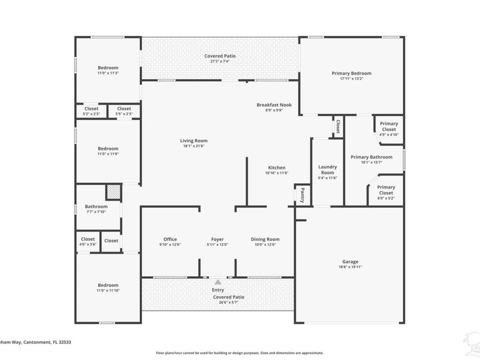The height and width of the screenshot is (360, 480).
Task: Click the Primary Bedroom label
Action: pos(351,73)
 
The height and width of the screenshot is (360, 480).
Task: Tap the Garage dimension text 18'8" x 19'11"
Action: pos(350,267)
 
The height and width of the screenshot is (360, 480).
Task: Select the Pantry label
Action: pos(302,195)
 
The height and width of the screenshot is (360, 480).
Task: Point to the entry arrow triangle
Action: pos(218,282)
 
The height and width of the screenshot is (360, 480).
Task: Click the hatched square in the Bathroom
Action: pos(113,192)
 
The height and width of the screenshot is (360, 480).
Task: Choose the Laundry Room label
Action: pos(327,170)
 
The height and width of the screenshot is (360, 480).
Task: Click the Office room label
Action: pos(170,239)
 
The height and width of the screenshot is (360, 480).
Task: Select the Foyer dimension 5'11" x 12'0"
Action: pos(217,245)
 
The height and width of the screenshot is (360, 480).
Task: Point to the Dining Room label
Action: pos(265,239)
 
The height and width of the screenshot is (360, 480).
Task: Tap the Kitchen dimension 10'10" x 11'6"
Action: pos(276,173)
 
